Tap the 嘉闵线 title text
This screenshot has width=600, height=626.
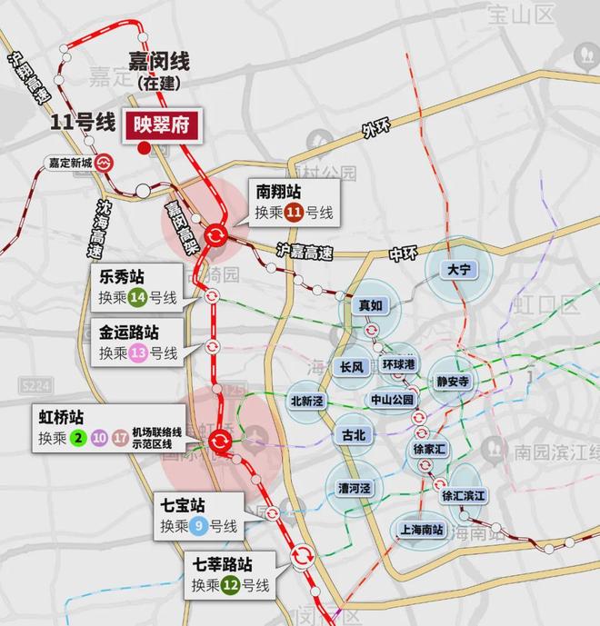coord(158,62)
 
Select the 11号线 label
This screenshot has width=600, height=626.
coord(83,122)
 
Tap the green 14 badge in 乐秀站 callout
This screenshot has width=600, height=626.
coord(138,297)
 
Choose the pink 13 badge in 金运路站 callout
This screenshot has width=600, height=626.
coord(138,353)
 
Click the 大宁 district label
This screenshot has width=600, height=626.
coord(457,270)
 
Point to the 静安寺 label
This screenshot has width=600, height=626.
coord(452,383)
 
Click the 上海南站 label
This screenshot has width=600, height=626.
coord(421,531)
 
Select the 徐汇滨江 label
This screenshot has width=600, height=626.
coord(465,496)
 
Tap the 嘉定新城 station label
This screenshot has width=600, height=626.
coord(70,164)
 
